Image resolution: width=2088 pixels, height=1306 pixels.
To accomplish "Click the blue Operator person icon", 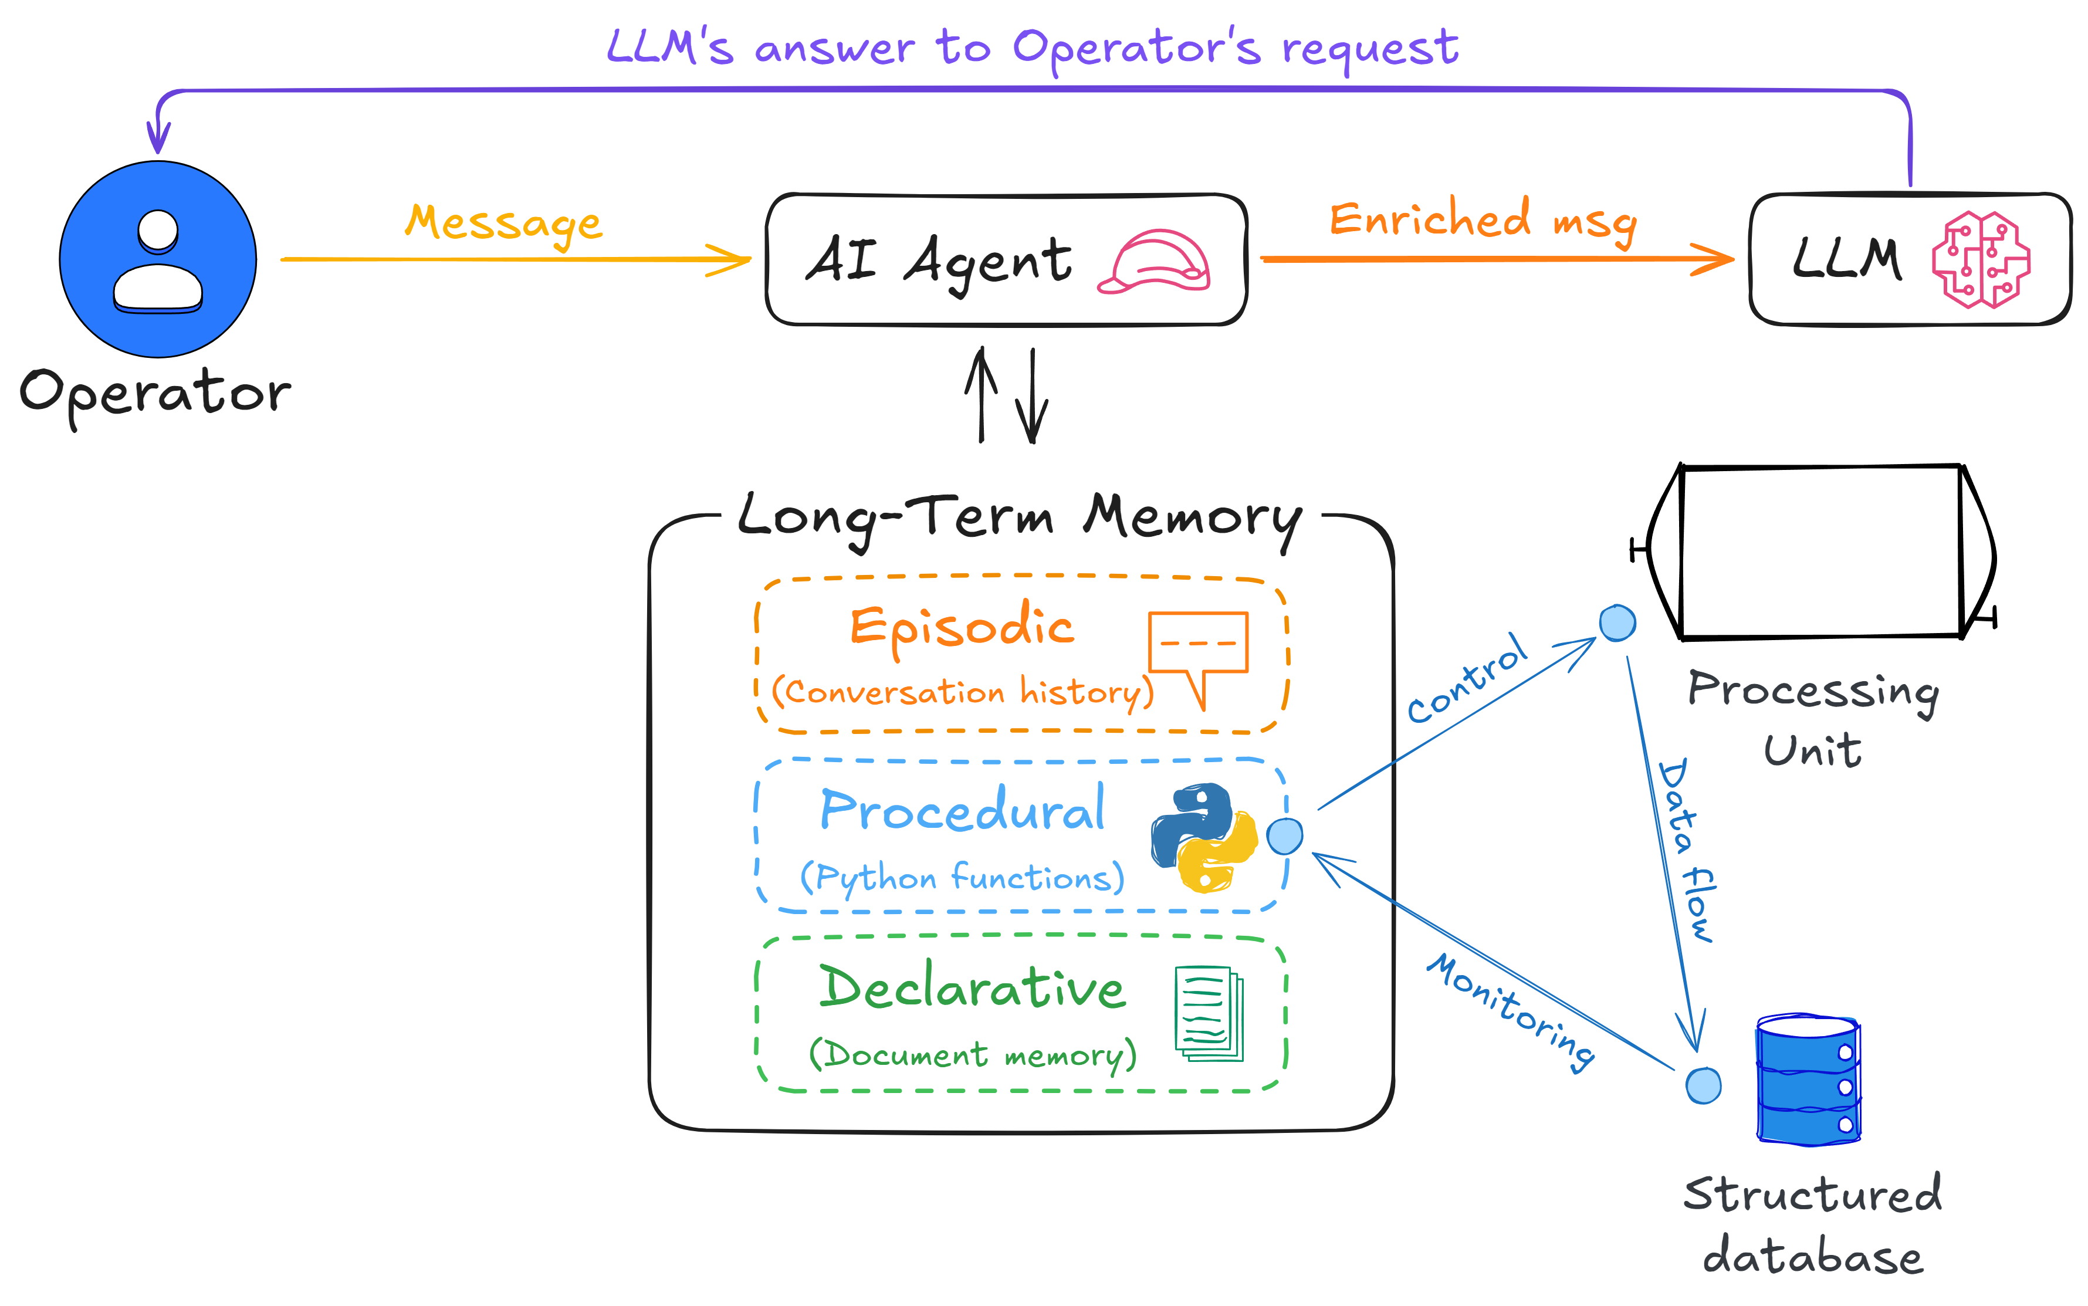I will pos(158,259).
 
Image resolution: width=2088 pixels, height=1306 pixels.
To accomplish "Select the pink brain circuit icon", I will pos(1980,259).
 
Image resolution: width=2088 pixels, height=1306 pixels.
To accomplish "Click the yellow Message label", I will pos(503,224).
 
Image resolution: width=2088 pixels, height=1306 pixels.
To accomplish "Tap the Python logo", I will pos(1203,837).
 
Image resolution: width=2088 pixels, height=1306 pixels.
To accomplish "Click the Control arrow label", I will pos(1466,678).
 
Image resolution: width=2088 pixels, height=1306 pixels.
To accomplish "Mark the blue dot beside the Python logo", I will pos(1284,836).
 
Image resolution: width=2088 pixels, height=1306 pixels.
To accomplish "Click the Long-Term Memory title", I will pos(1019,516).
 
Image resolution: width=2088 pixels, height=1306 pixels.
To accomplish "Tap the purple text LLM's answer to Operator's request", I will pos(1032,48).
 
